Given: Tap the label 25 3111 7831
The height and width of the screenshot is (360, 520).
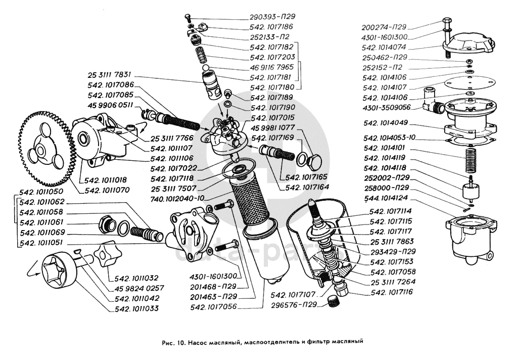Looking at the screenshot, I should [110, 75].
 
